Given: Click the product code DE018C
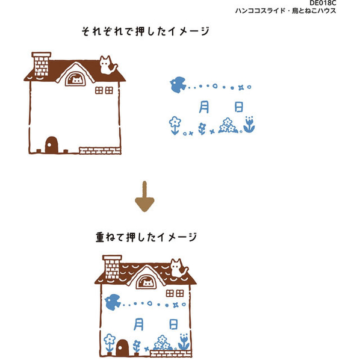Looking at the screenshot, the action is (323, 3).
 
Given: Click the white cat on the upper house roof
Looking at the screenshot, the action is (107, 65).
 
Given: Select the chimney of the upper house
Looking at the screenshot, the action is (42, 64).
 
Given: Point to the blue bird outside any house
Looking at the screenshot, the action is (178, 85).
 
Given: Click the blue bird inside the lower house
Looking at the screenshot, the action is (113, 302).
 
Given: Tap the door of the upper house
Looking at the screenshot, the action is (51, 145).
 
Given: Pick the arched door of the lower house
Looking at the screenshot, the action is (122, 348).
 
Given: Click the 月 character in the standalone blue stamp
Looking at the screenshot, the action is (204, 107).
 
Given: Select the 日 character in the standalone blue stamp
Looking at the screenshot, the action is (239, 107).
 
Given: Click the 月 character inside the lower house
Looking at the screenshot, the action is (138, 324).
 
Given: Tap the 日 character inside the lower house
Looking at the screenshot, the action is (173, 324).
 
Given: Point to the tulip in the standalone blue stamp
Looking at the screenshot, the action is (249, 125).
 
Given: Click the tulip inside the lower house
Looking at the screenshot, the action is (184, 342).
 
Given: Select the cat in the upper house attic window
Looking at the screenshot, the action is (76, 80).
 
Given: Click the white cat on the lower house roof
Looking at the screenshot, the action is (179, 268).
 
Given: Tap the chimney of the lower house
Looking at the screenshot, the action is (112, 267).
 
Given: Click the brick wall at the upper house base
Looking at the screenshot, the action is (100, 151).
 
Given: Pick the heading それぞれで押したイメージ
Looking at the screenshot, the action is (146, 31).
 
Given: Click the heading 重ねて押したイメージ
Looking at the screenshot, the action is (146, 237).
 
